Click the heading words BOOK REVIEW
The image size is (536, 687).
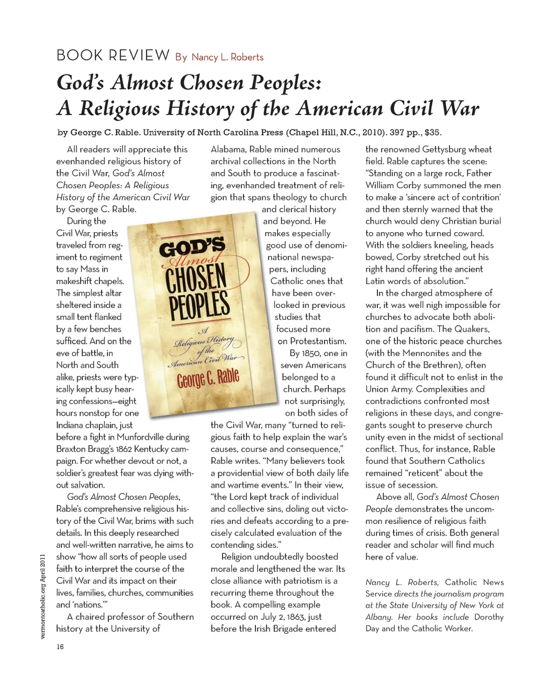point(113,55)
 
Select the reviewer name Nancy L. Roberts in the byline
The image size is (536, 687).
point(227,57)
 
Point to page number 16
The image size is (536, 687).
point(60,647)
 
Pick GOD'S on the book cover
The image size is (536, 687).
point(192,245)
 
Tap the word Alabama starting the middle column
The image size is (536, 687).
point(227,149)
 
